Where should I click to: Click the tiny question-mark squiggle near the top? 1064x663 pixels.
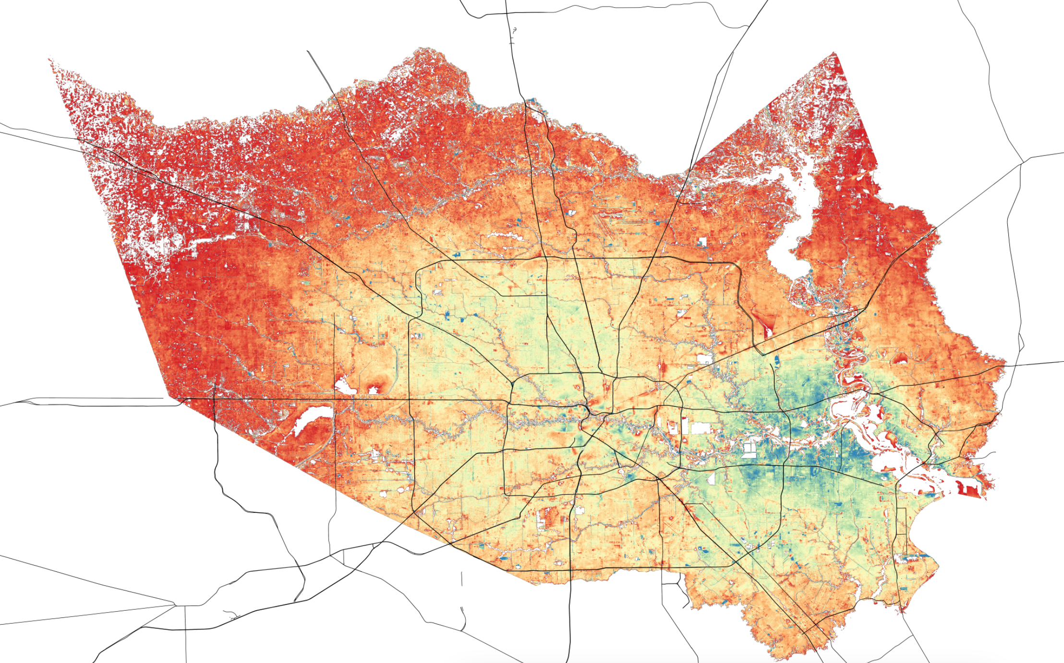[514, 31]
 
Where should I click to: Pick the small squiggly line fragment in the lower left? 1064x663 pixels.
[231, 614]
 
